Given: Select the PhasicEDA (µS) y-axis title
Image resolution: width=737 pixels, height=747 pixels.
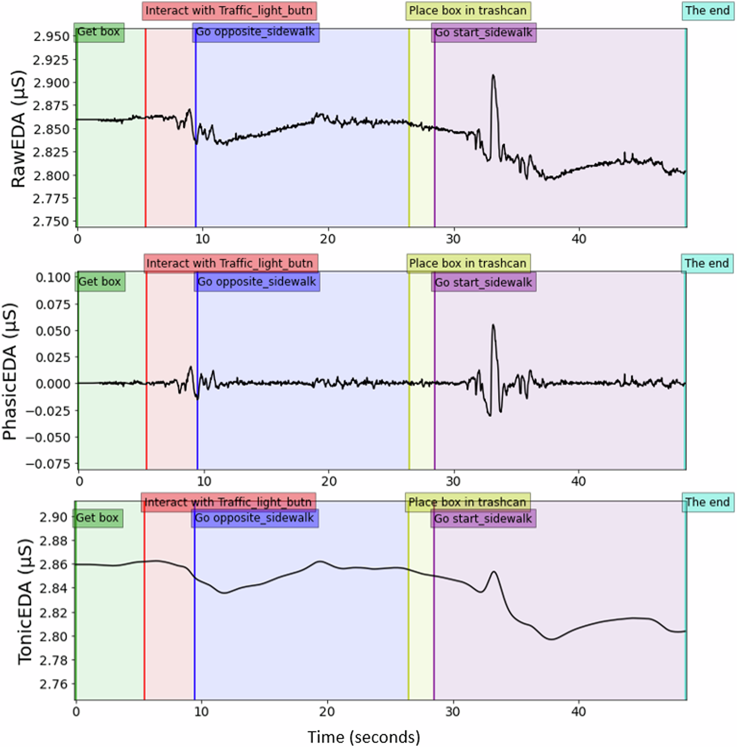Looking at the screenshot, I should tap(10, 372).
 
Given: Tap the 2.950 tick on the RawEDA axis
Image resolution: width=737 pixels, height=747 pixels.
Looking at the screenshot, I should tap(51, 36).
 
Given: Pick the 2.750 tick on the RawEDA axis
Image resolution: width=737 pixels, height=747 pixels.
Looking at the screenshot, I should tap(51, 222).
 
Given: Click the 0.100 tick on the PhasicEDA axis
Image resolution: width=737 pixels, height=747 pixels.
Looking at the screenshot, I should tap(53, 277).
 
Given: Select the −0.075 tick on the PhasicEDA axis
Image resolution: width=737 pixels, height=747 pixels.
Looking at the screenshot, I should tap(49, 464).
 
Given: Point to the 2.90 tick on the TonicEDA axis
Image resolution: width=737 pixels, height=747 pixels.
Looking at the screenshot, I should tap(53, 517).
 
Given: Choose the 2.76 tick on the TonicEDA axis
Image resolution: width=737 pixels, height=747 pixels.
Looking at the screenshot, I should tap(53, 684).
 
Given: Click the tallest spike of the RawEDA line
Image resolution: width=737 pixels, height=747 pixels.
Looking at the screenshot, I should tap(493, 76).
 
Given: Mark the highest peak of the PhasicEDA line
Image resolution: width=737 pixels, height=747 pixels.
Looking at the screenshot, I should tap(493, 325).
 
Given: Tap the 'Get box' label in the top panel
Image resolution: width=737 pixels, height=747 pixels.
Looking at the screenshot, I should tap(99, 32).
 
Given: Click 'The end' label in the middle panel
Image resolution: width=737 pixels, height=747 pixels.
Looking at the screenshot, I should tap(707, 263).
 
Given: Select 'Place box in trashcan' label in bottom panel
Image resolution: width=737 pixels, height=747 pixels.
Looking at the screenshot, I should tap(467, 502).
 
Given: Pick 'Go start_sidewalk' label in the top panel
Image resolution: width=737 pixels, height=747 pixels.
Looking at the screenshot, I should tap(483, 33).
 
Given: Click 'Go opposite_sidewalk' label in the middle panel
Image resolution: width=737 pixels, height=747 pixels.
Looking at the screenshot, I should tap(257, 282).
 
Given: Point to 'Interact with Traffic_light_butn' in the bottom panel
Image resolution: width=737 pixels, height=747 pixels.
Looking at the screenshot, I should tap(228, 502).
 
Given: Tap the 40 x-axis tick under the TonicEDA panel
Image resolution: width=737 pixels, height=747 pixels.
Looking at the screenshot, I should tap(578, 711).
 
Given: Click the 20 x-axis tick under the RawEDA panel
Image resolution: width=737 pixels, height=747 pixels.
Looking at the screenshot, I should tap(327, 239).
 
